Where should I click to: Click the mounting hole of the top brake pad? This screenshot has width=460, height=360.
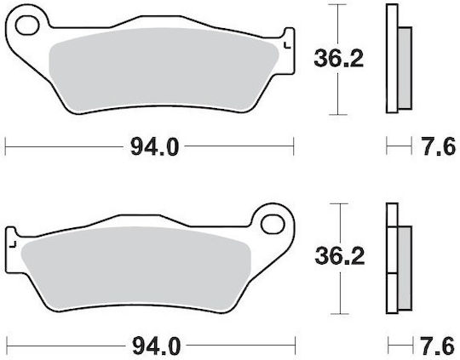click(27, 26)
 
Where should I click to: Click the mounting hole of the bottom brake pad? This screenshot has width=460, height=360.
click(273, 225)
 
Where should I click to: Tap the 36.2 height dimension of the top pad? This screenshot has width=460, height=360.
click(338, 59)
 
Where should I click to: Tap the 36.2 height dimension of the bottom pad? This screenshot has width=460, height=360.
click(340, 256)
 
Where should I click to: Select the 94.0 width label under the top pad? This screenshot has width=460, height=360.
click(154, 147)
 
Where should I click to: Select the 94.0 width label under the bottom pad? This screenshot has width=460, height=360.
click(157, 346)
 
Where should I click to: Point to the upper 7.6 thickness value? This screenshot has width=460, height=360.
click(439, 146)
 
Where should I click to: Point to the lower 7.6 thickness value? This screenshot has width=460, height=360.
click(437, 346)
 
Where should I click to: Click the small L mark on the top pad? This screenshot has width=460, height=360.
click(287, 45)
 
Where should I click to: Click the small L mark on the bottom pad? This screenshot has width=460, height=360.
click(12, 244)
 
